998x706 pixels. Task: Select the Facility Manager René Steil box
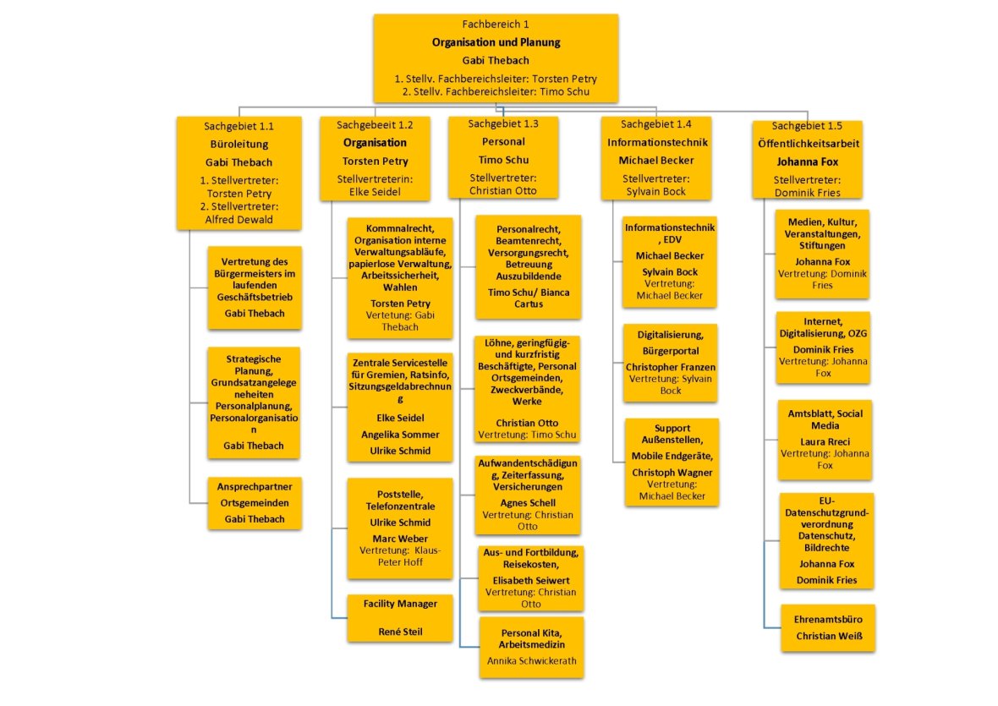coord(400,618)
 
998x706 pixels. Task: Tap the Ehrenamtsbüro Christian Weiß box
coord(828,627)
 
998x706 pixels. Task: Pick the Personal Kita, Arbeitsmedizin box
coord(531,647)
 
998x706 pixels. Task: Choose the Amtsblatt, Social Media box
coord(825,440)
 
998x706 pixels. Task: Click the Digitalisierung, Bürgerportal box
coord(671,363)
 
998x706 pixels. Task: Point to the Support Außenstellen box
coord(672,462)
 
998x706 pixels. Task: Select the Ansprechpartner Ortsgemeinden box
coord(255,503)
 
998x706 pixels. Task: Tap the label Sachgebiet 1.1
coord(239,126)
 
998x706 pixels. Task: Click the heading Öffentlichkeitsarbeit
coord(809,144)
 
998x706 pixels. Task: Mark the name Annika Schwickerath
coord(531,660)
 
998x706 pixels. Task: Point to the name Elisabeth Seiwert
coord(530,580)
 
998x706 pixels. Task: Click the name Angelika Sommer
coord(400,434)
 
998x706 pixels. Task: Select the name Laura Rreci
coord(825,441)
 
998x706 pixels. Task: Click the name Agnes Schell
coord(528,502)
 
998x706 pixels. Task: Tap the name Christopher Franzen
coord(671,367)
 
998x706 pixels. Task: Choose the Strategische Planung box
coord(254,402)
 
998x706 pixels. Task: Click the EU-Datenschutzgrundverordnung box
coord(825,540)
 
